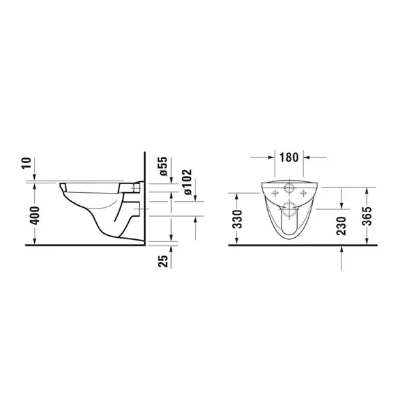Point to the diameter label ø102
(x=187, y=183)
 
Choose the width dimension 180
(x=289, y=157)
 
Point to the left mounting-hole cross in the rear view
(x=275, y=194)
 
